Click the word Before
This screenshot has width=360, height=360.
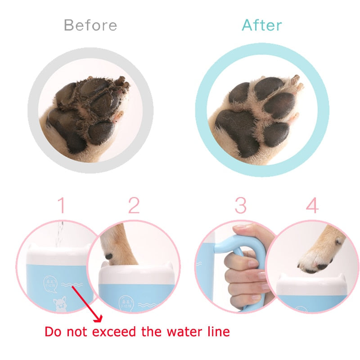point(90,25)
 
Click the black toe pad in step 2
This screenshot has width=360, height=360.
point(109,256)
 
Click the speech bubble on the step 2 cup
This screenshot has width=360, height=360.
point(126,302)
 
